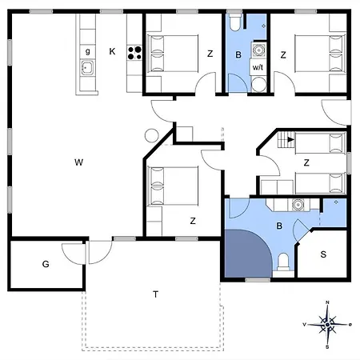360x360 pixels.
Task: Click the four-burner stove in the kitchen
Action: coord(134,54)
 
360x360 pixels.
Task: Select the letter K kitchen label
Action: coord(112,52)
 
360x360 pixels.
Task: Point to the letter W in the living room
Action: coord(78,162)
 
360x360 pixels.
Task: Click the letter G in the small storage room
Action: coord(46,263)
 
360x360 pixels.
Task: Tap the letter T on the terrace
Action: coord(154,294)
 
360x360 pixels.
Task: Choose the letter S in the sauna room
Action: coord(322,255)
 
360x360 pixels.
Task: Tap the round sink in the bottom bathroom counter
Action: coord(298,204)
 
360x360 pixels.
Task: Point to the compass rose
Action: coord(328,325)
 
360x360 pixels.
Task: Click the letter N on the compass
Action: coord(328,303)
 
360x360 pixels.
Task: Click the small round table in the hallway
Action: coord(151,135)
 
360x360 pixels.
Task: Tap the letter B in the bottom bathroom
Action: coord(278,226)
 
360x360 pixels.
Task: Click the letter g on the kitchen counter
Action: coord(87,52)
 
